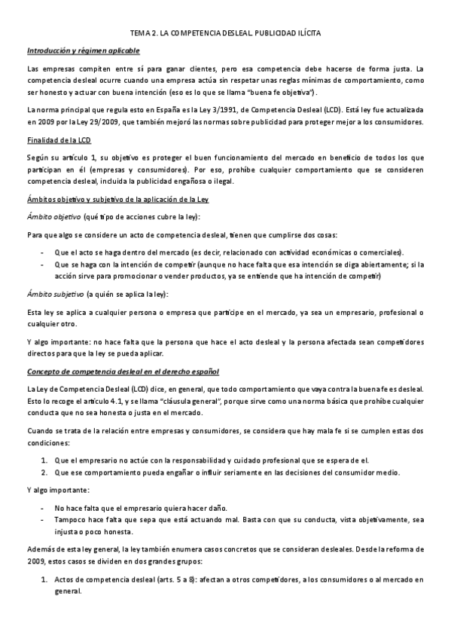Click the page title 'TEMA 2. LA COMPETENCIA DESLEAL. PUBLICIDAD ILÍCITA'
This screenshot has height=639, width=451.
pos(226,34)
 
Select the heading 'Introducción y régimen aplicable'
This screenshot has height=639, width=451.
pos(83,50)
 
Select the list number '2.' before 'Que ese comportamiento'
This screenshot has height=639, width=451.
pos(44,472)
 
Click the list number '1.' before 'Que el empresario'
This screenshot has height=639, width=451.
pos(44,460)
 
